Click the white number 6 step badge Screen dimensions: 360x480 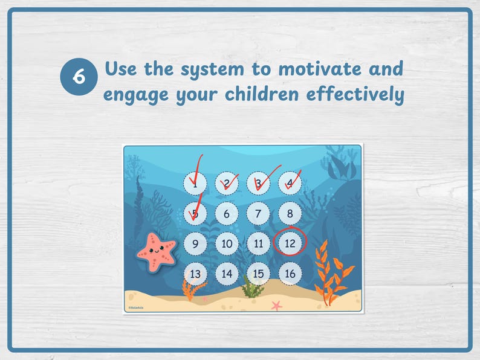(x=79, y=78)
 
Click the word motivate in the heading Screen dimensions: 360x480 (x=320, y=69)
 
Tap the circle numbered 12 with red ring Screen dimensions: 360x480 (x=290, y=243)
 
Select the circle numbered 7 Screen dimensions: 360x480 (x=258, y=214)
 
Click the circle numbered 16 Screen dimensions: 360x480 (x=290, y=274)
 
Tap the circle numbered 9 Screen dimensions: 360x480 (x=195, y=244)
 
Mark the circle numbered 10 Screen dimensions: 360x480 (x=227, y=244)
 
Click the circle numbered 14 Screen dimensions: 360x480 (x=227, y=274)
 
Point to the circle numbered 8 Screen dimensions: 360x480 (x=290, y=214)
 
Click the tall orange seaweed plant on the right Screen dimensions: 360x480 (x=331, y=273)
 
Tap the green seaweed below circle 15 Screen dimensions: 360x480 (x=252, y=288)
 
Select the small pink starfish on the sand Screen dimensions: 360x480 (x=276, y=305)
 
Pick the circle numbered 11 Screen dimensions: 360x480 (x=258, y=244)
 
